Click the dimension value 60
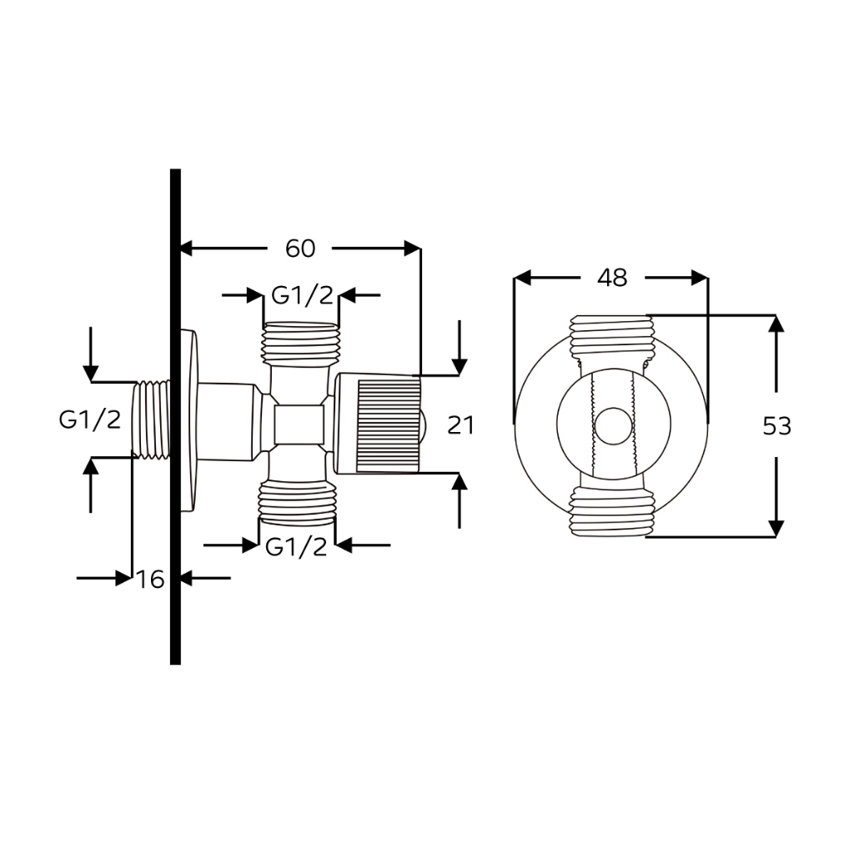pos(300,249)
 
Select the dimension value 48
pos(612,278)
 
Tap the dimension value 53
pos(776,425)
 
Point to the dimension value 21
pos(460,424)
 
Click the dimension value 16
pos(150,579)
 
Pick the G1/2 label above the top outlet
pos(302,295)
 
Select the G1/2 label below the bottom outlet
pos(296,546)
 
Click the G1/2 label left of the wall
pos(90,419)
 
